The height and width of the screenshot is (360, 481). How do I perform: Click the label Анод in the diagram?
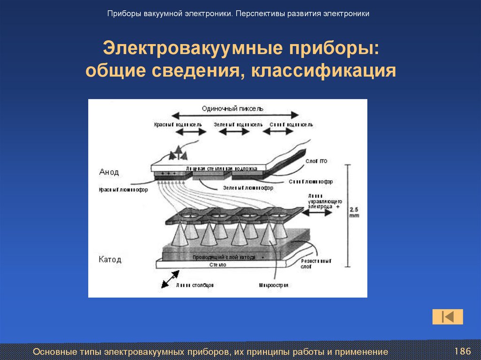coord(109,172)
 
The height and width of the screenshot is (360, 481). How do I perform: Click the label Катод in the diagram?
coord(110,259)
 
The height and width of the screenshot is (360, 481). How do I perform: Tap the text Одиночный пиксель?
coord(233,108)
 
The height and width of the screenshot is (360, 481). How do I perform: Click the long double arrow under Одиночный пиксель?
coord(235,115)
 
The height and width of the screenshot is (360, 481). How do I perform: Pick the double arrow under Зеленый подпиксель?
coord(235,133)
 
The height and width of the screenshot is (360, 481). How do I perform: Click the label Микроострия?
coord(273,285)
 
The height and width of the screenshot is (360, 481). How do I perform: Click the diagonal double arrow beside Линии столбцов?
coord(170,279)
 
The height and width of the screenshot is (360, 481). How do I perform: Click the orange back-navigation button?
coord(448,317)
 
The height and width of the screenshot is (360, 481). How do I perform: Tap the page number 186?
coord(462,351)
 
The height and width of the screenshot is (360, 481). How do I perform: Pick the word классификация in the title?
coord(324,70)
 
